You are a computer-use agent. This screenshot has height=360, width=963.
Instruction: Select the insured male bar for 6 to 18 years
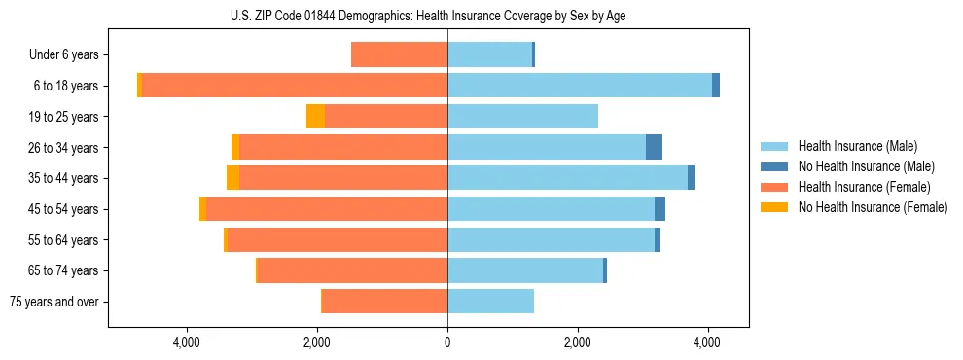click(580, 86)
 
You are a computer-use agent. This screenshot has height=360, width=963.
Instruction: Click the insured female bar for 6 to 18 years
click(295, 86)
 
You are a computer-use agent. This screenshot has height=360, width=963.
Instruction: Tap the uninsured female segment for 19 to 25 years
click(315, 117)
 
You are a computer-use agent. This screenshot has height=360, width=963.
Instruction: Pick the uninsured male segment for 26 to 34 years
click(654, 147)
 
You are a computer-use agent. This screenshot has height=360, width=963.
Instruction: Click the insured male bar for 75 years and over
click(490, 302)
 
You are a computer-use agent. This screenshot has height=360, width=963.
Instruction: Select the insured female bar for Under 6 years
click(399, 54)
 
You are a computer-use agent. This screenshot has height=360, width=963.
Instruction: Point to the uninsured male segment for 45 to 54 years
click(660, 209)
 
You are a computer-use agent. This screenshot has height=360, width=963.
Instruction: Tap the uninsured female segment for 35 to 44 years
click(232, 178)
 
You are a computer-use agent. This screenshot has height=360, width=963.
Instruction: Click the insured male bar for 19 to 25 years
click(522, 117)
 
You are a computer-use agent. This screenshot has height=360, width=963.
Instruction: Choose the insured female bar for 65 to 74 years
click(352, 270)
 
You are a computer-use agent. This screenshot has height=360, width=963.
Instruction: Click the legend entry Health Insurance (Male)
click(857, 146)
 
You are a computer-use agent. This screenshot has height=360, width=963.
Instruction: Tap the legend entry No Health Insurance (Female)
click(872, 207)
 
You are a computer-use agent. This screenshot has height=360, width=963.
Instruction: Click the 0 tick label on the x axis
click(447, 342)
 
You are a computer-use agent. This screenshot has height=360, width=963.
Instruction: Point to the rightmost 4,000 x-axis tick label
click(707, 342)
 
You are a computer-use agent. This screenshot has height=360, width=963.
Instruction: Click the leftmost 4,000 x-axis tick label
click(187, 342)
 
